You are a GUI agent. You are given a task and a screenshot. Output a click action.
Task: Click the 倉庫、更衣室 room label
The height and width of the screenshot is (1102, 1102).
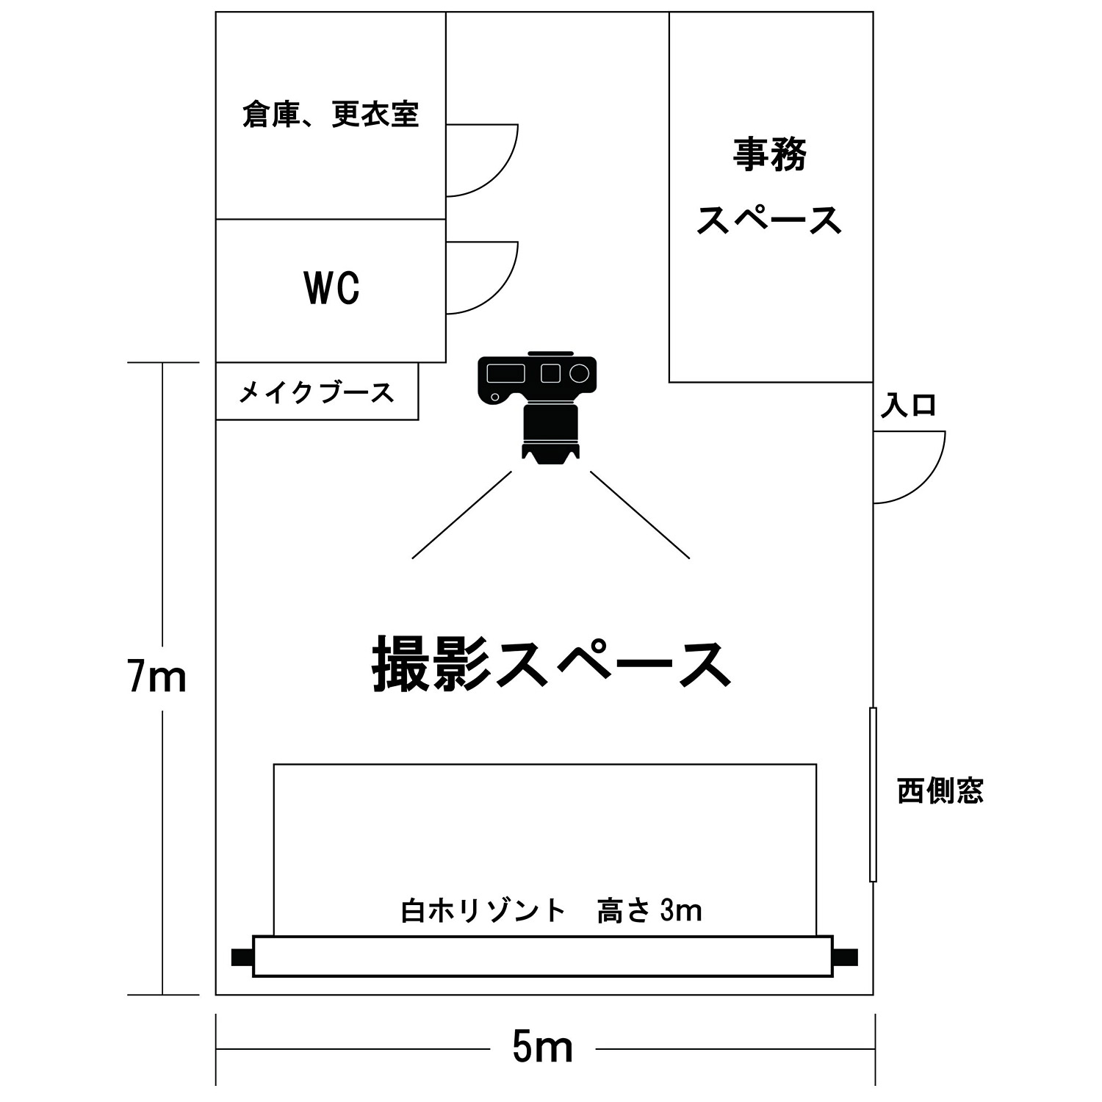click(x=331, y=115)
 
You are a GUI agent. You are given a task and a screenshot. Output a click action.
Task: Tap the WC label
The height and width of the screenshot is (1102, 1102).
click(x=332, y=288)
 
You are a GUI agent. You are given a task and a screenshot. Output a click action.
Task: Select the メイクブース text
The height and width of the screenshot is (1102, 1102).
click(x=317, y=393)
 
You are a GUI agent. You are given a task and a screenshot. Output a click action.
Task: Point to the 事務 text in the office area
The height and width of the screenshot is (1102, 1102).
click(x=770, y=155)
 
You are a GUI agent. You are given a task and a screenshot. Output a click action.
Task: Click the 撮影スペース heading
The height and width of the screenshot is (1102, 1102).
click(x=552, y=665)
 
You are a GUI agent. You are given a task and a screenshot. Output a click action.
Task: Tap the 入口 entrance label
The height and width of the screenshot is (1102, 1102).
click(x=910, y=406)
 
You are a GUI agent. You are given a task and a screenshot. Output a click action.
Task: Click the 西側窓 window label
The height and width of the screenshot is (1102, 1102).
click(x=940, y=791)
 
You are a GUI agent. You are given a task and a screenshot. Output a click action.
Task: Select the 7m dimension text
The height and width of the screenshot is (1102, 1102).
click(x=156, y=677)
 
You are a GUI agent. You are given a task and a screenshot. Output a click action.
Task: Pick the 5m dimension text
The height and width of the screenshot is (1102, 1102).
click(x=543, y=1048)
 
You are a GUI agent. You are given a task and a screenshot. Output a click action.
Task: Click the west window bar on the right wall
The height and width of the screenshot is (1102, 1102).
click(x=873, y=794)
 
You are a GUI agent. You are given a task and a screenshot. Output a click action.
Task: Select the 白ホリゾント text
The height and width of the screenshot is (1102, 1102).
click(x=483, y=911)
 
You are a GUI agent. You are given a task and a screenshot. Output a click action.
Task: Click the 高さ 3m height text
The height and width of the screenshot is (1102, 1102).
click(x=649, y=911)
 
